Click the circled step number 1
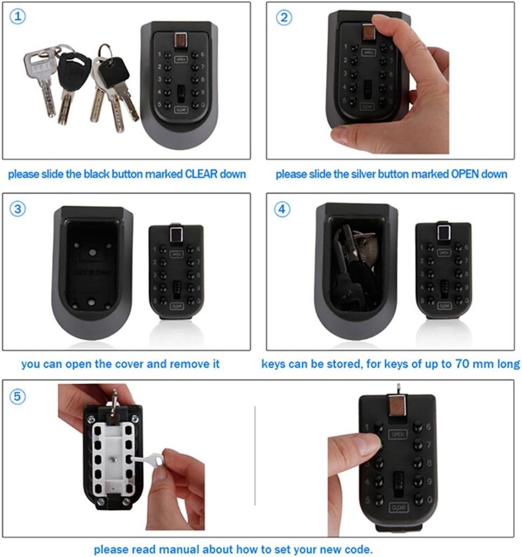tap(19, 17)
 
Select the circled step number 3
tap(19, 208)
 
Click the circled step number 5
tap(19, 396)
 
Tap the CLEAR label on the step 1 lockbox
tap(181, 109)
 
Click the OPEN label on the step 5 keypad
tap(397, 434)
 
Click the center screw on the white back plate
tap(114, 458)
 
